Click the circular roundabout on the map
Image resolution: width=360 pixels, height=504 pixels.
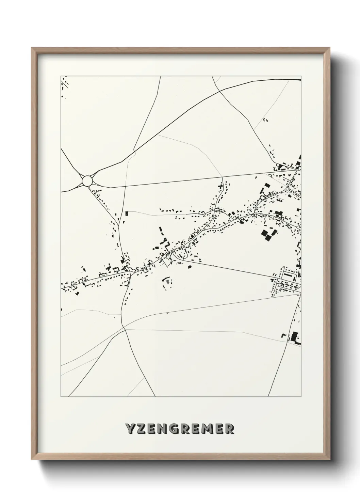pos(87,180)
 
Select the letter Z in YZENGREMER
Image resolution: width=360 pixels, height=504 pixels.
pos(142,429)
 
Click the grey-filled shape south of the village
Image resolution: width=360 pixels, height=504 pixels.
pos(168,281)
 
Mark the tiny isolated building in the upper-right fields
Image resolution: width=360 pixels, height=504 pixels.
pos(266,120)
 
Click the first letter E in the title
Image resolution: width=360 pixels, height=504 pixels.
pos(154,429)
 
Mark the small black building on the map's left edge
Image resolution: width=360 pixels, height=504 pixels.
pos(62,310)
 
